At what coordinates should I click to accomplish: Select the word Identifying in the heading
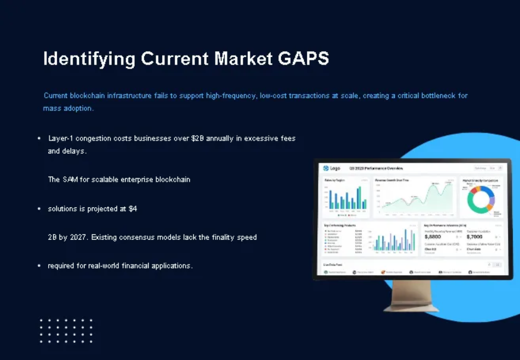click(89, 59)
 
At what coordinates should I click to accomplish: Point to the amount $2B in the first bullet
click(198, 139)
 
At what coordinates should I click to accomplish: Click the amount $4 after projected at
click(133, 209)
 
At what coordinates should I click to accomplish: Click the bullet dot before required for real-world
click(39, 266)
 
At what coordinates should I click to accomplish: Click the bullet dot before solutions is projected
click(39, 209)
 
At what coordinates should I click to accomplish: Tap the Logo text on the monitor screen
click(335, 168)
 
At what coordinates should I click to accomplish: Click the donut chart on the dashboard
click(481, 198)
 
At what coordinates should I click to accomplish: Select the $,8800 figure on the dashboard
click(433, 237)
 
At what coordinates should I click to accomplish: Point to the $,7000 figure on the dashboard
click(474, 237)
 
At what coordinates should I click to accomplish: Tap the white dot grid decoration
click(66, 331)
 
